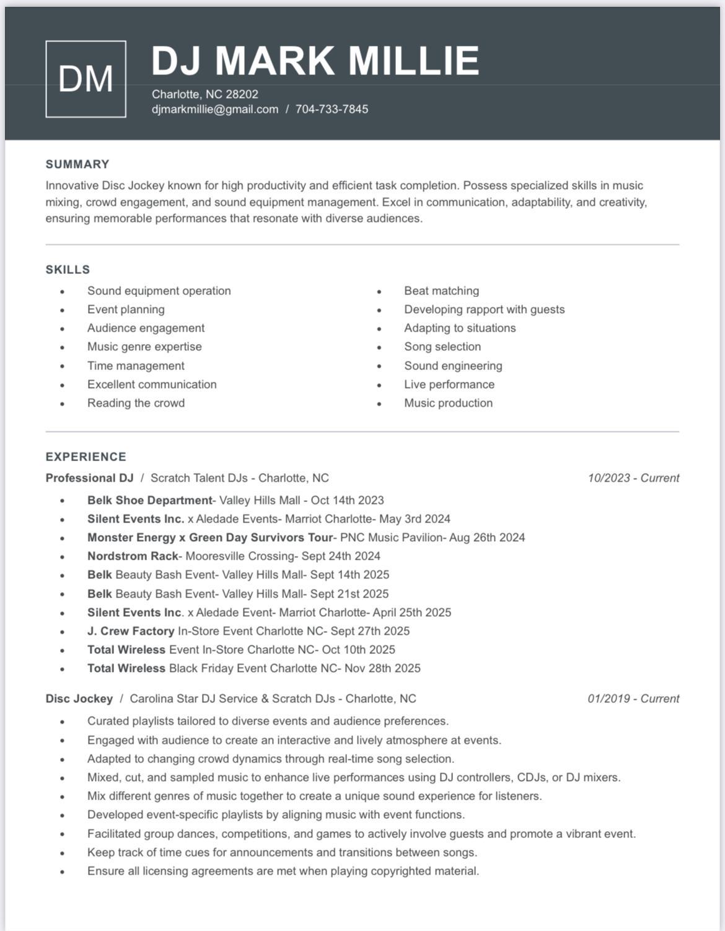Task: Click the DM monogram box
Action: (86, 79)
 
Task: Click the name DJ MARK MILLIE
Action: (315, 61)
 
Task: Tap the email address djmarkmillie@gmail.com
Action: (215, 109)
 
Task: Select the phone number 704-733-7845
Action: (332, 109)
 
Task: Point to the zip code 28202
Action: (242, 94)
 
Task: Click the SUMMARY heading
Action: (77, 164)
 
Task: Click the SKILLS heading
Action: (68, 270)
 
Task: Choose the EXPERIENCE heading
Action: (86, 457)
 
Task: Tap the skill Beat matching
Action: (441, 291)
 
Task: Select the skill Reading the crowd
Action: (136, 403)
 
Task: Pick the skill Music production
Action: (448, 403)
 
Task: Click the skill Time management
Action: (136, 366)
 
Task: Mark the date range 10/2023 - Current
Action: (633, 478)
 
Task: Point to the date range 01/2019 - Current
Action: (633, 699)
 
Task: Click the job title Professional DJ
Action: (89, 478)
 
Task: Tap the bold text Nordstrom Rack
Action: (133, 556)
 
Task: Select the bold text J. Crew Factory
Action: (131, 631)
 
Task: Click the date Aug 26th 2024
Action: (487, 537)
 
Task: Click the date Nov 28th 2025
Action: (382, 668)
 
